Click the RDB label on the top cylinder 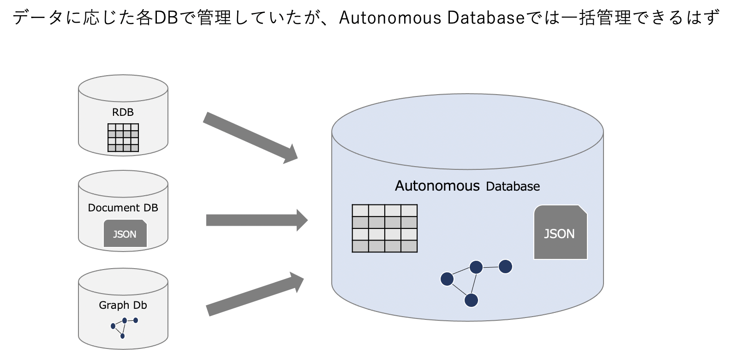tap(123, 112)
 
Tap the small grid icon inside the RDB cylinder tap(123, 138)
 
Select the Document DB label tap(123, 208)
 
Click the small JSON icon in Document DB tap(125, 234)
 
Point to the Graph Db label tap(123, 305)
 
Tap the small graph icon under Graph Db tap(124, 327)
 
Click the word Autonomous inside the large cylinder tap(437, 186)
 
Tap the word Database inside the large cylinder tap(513, 186)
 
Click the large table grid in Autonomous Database tap(384, 228)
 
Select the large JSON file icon tap(560, 233)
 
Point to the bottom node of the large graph tap(471, 300)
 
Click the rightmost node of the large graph tap(506, 266)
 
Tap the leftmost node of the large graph tap(447, 279)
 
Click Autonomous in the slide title tap(390, 18)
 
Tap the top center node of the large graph tap(476, 267)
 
